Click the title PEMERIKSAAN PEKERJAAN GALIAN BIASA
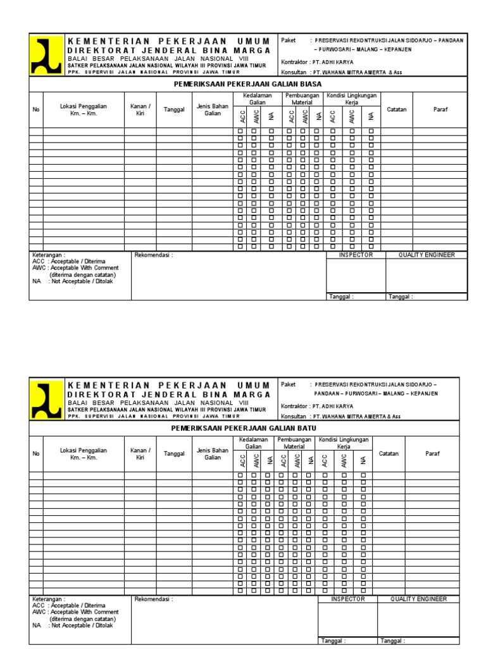[248, 84]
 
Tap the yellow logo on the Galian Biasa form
[47, 55]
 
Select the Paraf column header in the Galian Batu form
[432, 453]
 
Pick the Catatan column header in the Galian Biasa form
[396, 109]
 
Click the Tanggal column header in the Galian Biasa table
[174, 109]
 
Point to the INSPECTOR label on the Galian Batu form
[347, 599]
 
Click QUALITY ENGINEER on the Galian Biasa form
[426, 255]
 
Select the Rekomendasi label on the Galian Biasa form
[153, 255]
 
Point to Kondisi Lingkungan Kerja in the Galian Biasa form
[351, 98]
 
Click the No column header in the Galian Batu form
[36, 453]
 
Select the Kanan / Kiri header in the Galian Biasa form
[140, 109]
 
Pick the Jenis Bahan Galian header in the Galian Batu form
[212, 453]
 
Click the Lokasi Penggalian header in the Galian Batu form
[84, 453]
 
